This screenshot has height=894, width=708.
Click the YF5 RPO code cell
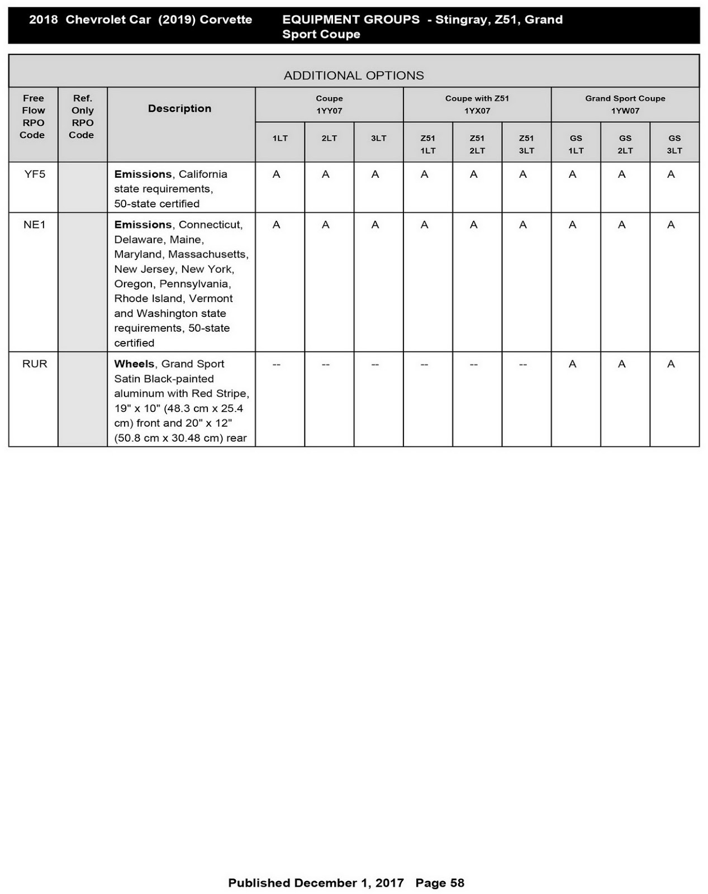(34, 174)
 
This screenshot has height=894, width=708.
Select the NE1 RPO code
(34, 225)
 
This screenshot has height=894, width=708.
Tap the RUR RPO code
(34, 364)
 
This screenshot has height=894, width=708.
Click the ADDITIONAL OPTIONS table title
(354, 75)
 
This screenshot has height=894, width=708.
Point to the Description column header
(179, 108)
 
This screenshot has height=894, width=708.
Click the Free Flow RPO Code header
(33, 116)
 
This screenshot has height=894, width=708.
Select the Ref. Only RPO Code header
(82, 116)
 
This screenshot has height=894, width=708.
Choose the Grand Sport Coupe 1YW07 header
(625, 104)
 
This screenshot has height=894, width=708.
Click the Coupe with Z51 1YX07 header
(477, 104)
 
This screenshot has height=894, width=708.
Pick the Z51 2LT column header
(477, 144)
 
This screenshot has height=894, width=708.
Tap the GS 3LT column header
(674, 144)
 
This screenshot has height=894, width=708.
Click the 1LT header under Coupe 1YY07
(280, 139)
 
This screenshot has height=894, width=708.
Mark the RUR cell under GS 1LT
(572, 364)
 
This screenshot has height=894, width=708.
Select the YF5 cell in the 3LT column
(375, 175)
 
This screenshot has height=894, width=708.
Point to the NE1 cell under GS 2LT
(621, 225)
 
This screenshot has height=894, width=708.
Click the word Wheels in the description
(134, 364)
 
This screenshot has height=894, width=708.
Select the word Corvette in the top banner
(226, 20)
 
